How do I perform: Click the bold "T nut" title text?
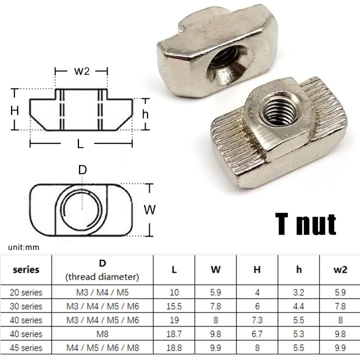point(305,224)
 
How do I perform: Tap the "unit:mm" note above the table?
point(23,247)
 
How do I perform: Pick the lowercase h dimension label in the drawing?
point(145,114)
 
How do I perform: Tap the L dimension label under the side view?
point(80,143)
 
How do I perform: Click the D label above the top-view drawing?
point(82,170)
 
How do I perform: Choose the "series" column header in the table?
point(26,269)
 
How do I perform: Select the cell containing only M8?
point(103,334)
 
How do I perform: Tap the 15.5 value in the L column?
point(174,306)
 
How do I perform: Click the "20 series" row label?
point(26,292)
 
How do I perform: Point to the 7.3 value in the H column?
point(257,320)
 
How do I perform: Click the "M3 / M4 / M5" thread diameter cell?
point(103,292)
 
